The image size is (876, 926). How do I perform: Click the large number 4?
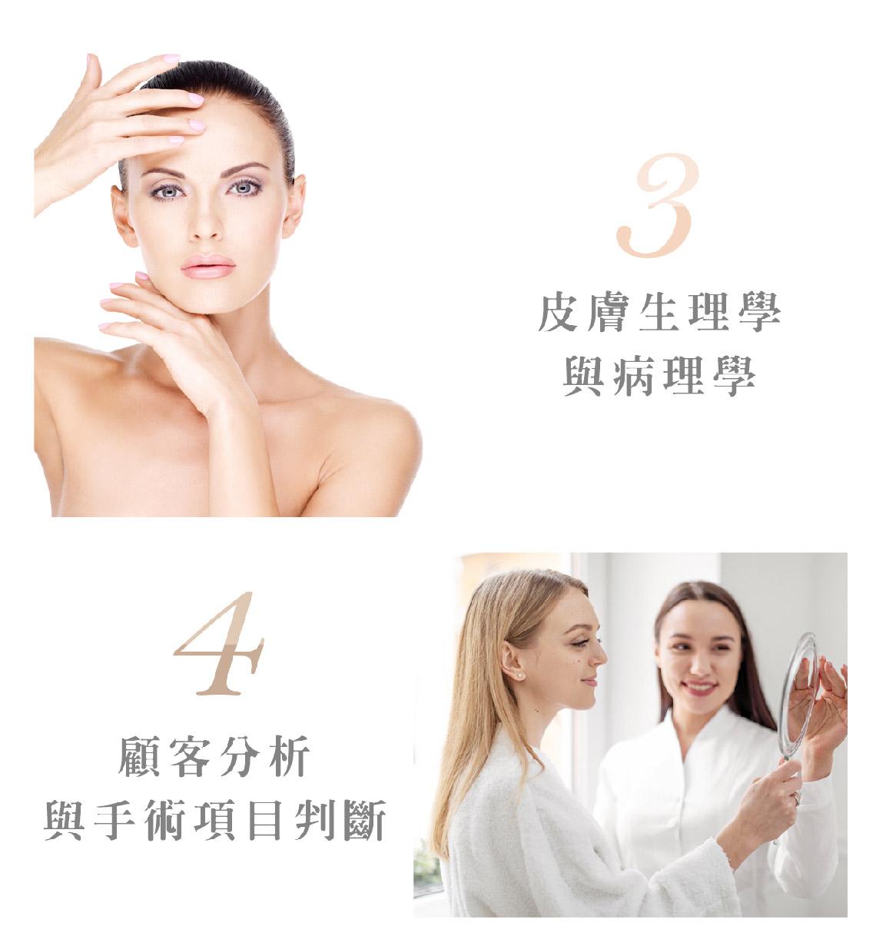point(220,642)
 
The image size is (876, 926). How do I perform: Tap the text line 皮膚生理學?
point(659,312)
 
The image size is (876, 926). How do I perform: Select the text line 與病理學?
point(659,377)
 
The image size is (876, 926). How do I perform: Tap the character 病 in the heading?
point(634,377)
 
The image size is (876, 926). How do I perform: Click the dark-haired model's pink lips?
point(208,267)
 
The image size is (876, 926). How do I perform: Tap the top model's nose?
point(204,221)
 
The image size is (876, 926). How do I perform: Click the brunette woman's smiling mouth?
point(698,688)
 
